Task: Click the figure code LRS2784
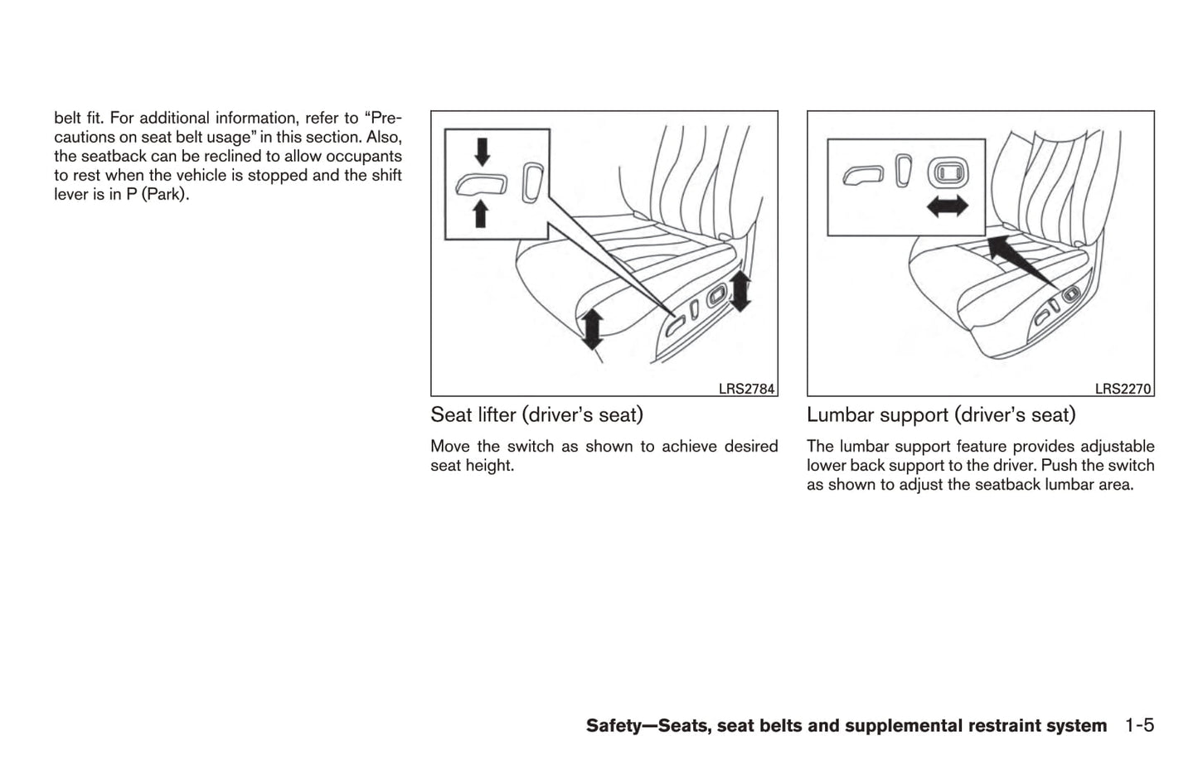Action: pos(746,389)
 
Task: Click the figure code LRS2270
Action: pos(1123,389)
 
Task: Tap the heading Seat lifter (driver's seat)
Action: pos(536,414)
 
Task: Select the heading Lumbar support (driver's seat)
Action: pos(941,414)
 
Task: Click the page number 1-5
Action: pos(1139,726)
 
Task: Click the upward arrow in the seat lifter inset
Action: pos(480,215)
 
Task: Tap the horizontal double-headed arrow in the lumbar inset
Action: pos(947,206)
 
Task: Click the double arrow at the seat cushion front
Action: pos(592,328)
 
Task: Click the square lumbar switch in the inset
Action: pos(946,172)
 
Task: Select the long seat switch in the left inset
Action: pos(481,184)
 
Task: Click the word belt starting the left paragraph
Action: pos(68,119)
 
